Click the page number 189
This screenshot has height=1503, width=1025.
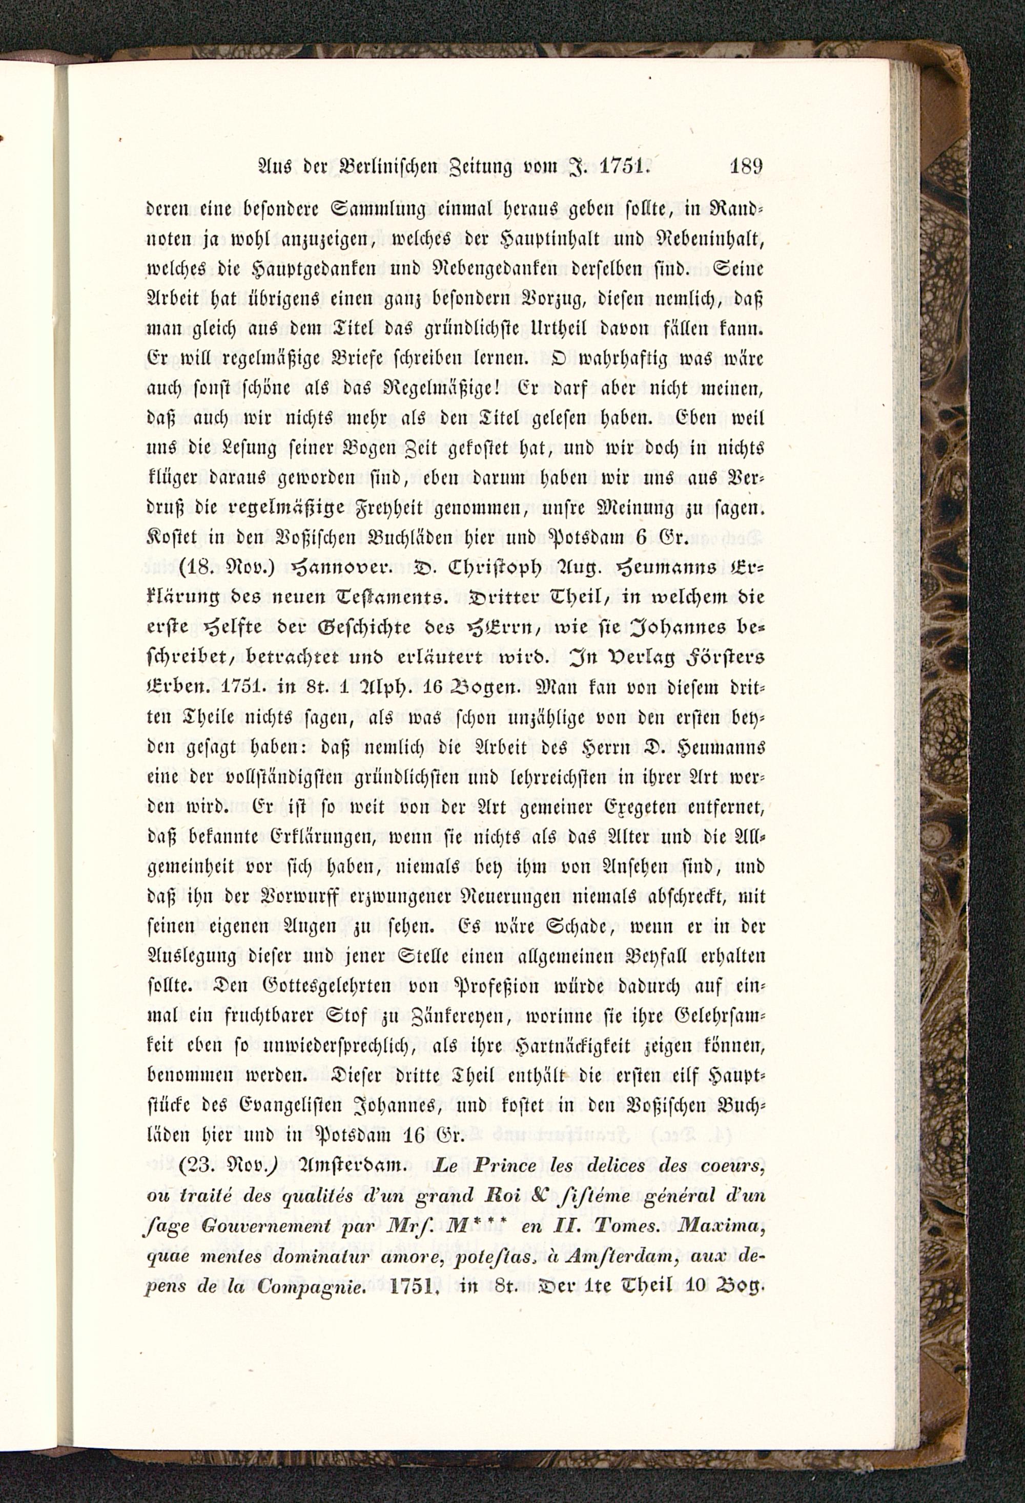tap(746, 166)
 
